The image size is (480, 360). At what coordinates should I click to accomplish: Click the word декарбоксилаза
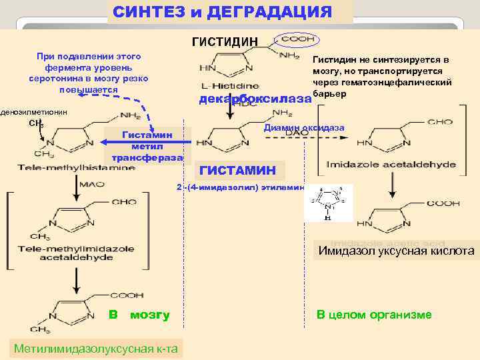point(255,99)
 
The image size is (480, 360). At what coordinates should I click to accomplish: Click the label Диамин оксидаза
point(304,127)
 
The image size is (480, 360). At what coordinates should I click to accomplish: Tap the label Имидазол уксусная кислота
point(396,251)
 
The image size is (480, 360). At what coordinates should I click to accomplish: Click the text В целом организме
point(373,315)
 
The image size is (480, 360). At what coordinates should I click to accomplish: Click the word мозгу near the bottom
point(150,315)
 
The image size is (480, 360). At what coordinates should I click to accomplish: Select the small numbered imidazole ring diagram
point(328,201)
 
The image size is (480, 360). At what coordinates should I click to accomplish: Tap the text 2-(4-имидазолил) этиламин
point(240,187)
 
